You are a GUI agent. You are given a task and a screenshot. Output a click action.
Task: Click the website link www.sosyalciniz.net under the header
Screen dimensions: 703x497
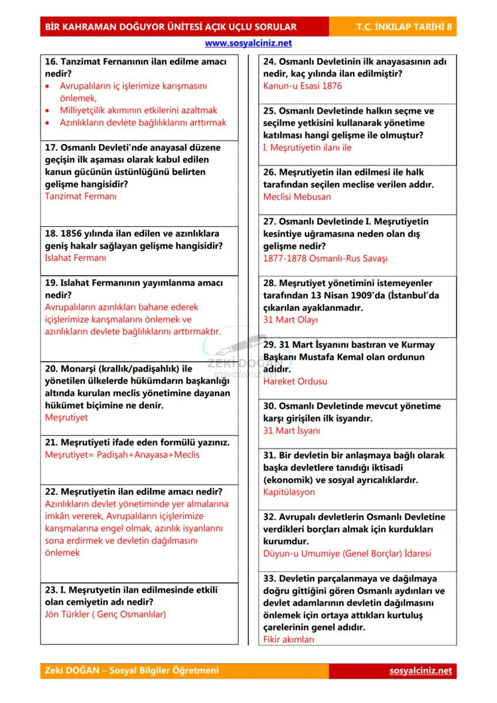tap(248, 43)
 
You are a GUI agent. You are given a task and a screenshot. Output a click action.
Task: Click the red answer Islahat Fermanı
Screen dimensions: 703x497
tap(75, 258)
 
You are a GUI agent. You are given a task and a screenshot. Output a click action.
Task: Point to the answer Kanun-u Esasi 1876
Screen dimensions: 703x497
tap(303, 86)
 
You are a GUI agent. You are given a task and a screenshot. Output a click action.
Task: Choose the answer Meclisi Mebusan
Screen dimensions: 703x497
tap(297, 196)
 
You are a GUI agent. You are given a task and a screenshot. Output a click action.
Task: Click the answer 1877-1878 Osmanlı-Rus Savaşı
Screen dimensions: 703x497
tap(325, 258)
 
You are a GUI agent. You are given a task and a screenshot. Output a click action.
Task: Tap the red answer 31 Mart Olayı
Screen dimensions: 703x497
tap(291, 319)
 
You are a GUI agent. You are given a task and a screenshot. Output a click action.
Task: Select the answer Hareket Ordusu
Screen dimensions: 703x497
tap(295, 381)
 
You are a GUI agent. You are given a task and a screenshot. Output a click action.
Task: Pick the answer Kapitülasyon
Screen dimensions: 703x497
tap(289, 492)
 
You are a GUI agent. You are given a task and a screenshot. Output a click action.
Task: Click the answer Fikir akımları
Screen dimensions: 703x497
tap(289, 639)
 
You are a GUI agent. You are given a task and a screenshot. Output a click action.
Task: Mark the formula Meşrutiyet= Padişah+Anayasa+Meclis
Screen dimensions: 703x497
tap(122, 454)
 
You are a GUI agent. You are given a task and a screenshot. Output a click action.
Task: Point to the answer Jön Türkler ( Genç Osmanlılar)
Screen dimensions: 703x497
tap(105, 614)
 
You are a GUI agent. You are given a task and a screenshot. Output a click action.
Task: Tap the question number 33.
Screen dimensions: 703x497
tap(270, 578)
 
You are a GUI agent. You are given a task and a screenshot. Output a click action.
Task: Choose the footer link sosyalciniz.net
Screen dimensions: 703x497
tap(420, 671)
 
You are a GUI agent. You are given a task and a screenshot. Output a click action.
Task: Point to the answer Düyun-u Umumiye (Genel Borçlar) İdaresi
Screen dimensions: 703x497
tap(347, 554)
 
